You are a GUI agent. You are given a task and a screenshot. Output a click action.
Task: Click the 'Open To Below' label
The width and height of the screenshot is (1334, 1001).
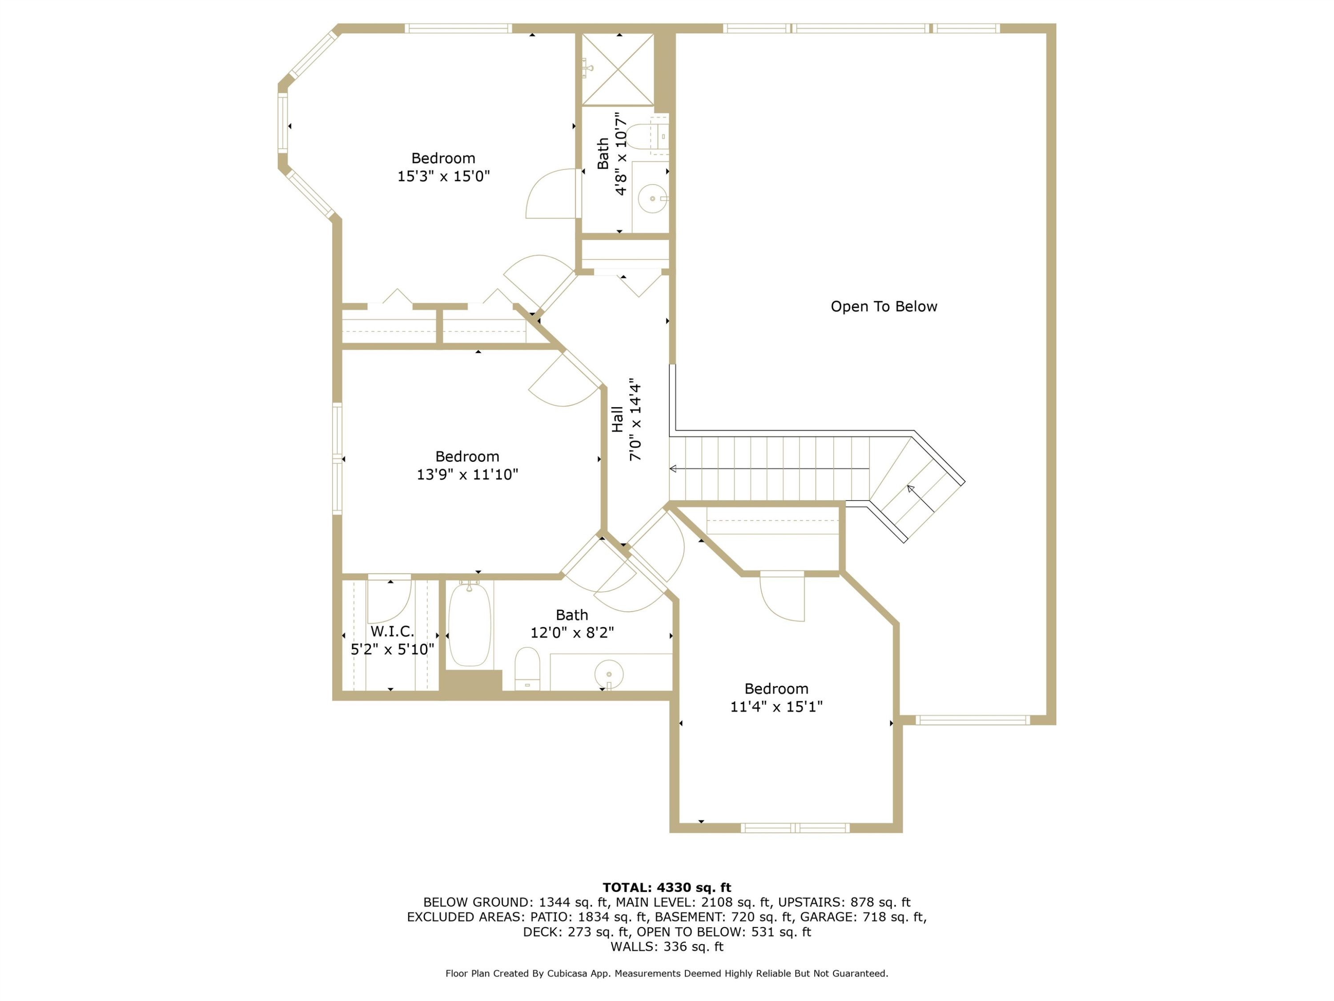884,307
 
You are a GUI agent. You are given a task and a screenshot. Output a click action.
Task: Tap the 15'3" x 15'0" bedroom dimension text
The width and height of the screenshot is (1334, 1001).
443,176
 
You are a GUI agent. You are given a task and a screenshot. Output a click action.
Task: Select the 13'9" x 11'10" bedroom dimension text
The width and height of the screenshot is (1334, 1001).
467,474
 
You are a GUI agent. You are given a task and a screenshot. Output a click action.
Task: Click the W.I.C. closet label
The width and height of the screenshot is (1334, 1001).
392,632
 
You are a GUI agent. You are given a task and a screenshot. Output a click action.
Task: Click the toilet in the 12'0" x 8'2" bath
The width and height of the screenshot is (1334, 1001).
527,669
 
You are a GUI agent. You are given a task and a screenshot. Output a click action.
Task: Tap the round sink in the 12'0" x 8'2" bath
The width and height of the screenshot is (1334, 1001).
609,674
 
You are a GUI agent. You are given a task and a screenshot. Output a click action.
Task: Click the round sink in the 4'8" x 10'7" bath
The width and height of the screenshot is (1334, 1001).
652,198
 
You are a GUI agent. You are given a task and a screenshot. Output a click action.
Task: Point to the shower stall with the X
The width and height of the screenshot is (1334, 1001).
618,69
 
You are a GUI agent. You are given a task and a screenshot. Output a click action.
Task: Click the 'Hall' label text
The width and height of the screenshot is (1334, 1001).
617,420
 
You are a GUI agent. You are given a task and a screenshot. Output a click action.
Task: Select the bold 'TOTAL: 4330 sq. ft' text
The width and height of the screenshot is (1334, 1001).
667,888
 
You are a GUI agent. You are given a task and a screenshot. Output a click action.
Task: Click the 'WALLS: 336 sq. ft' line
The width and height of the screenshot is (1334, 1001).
667,947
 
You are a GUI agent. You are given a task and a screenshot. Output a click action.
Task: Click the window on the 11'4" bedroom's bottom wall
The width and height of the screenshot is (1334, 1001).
795,828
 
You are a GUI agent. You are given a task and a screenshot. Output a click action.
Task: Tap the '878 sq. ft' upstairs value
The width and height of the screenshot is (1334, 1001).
880,903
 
